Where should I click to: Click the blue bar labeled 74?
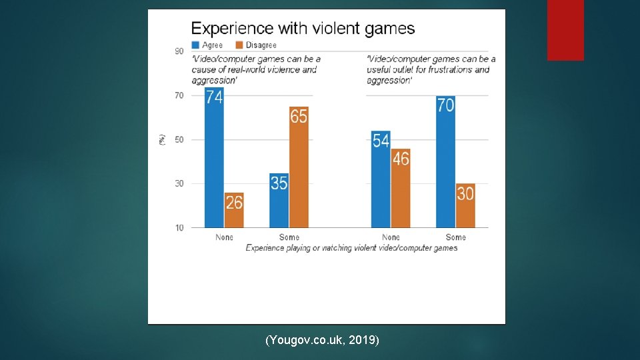214,158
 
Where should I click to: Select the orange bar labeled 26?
234,210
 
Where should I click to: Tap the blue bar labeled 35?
279,200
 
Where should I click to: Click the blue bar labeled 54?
381,179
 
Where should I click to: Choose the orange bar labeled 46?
401,188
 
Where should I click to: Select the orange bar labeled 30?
465,205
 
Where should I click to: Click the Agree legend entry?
207,45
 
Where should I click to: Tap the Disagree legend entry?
256,45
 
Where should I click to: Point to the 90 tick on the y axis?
179,51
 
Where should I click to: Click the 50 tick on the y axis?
179,139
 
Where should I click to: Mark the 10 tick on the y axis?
179,228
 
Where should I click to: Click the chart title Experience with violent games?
303,29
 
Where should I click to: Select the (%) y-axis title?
162,139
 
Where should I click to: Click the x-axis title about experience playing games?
351,248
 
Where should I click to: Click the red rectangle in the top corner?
565,30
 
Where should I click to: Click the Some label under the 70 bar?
455,237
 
